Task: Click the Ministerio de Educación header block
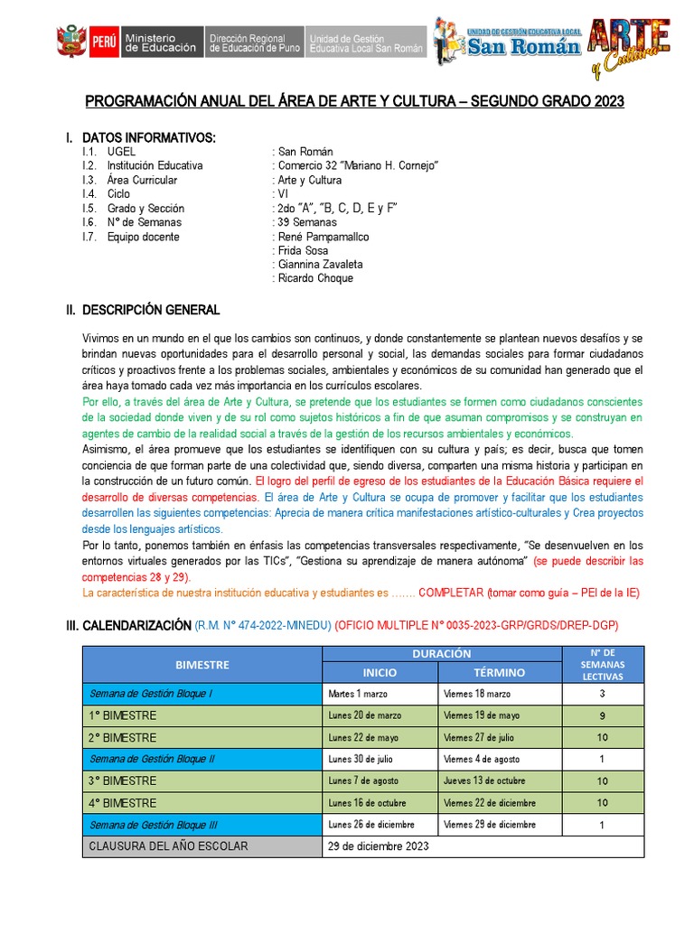[159, 42]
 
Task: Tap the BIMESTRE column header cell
[202, 664]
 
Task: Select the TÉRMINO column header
[499, 673]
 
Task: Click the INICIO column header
[380, 673]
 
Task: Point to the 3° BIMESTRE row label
[122, 780]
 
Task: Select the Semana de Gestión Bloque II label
[152, 759]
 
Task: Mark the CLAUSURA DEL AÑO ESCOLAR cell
[167, 846]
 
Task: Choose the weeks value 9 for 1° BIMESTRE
[602, 715]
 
